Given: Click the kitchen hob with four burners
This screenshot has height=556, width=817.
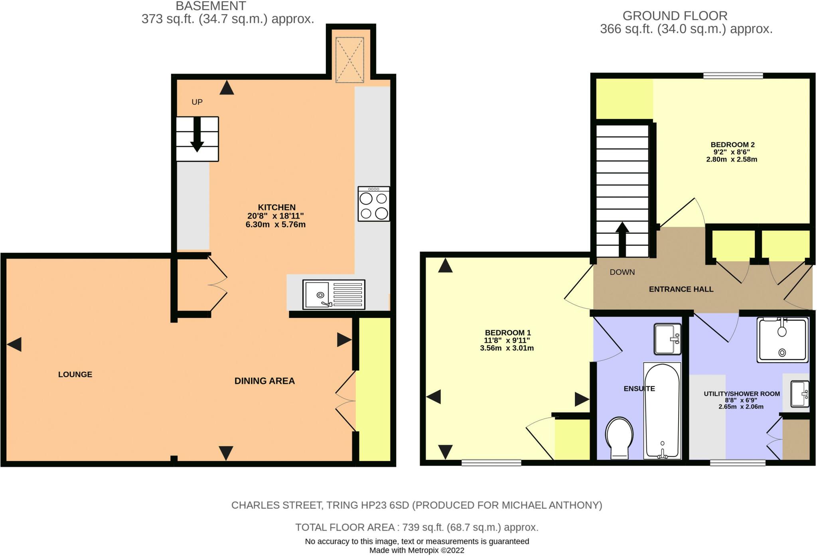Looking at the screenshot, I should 374,204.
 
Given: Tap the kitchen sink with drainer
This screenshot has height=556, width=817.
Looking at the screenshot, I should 334,295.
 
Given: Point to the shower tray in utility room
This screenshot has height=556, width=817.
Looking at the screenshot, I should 782,340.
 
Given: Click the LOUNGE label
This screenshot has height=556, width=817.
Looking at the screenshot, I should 75,375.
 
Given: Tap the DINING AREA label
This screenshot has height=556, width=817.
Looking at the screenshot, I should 264,381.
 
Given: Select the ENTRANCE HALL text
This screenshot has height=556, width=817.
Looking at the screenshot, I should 681,289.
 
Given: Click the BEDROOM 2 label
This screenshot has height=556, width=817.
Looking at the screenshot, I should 732,145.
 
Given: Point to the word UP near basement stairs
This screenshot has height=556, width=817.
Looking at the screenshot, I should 197,102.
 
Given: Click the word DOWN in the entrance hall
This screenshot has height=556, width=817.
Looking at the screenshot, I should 622,272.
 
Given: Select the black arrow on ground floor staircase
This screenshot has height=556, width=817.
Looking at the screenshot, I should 622,239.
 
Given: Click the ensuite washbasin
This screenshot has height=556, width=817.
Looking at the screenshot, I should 667,339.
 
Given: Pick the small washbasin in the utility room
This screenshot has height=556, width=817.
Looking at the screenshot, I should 799,394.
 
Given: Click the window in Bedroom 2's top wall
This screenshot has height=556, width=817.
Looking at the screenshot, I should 733,75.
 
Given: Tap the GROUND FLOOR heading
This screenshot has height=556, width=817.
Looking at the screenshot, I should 675,16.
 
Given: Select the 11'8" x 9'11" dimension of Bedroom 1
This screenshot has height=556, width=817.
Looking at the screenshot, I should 507,340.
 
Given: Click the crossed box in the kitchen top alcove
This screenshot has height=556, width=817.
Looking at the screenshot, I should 349,60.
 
